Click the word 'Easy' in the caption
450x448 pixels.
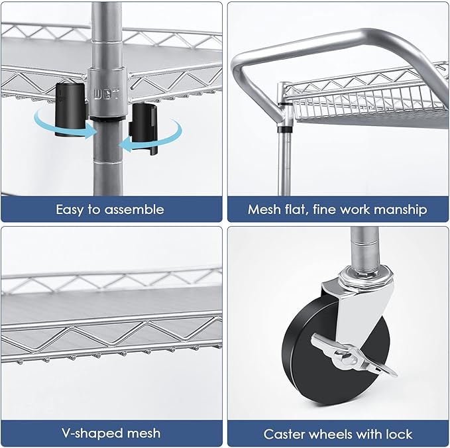tap(70, 209)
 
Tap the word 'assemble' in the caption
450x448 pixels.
tap(135, 209)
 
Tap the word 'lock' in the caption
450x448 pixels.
tap(398, 435)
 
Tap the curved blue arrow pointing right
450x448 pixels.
tap(63, 127)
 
